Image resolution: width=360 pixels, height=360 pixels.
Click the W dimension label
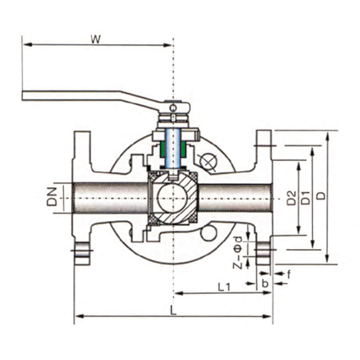pos(95,40)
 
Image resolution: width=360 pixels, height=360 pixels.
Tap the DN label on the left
pos(52,197)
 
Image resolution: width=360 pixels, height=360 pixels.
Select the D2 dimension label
pos(292,198)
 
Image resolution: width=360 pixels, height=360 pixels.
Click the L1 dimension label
pos(224,287)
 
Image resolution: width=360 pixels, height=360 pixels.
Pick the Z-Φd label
pos(238,253)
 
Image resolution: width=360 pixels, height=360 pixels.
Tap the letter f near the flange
pos(289,274)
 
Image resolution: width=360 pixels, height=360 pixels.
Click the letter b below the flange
pos(265,283)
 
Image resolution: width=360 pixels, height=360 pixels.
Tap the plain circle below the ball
pos(208,233)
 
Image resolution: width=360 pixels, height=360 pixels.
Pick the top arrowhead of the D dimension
pos(328,136)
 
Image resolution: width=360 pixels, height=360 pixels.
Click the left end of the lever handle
pos(23,95)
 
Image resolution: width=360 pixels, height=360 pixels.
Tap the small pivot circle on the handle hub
pos(173,108)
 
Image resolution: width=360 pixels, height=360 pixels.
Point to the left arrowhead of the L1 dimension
pos(179,293)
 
